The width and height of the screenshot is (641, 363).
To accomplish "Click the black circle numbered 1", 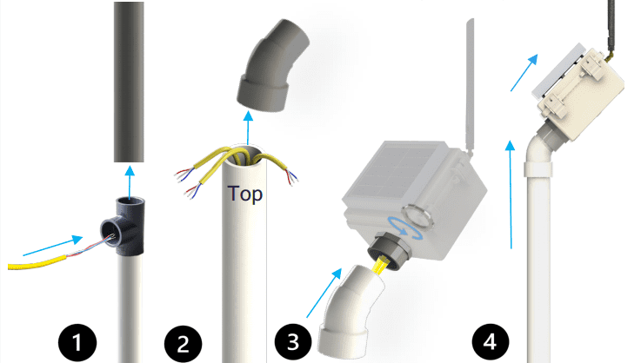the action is tap(77, 342).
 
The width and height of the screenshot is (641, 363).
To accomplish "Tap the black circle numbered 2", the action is tap(183, 343).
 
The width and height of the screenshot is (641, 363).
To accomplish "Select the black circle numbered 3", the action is tap(293, 341).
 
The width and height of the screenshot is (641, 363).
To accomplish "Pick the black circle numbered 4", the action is tap(491, 341).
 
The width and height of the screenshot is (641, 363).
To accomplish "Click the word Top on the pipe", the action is tap(245, 194).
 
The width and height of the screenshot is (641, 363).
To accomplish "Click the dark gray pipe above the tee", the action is tap(129, 82).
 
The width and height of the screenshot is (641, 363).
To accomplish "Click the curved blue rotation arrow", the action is tap(404, 227).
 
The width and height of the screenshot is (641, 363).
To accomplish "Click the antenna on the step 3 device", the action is tap(471, 87).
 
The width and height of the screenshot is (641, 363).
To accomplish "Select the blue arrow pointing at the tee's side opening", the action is tap(53, 246).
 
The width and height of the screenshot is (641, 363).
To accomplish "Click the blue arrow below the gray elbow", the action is tap(248, 128).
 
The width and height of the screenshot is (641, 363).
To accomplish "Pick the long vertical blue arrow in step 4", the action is tap(511, 195).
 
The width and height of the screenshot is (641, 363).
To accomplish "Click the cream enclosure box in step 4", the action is tap(580, 95).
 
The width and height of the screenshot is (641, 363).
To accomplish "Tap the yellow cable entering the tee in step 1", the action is tap(37, 263).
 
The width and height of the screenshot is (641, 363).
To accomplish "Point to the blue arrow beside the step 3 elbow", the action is tap(324, 293).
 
